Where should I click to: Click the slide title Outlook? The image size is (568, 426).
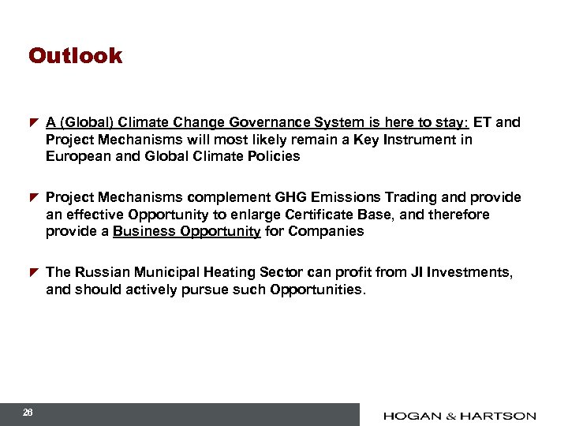tap(76, 56)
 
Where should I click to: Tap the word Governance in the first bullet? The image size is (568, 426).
tap(265, 122)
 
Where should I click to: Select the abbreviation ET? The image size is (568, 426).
tap(482, 122)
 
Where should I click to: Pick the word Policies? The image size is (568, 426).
tap(272, 156)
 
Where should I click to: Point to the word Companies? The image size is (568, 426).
tap(326, 231)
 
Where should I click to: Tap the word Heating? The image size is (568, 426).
tap(223, 272)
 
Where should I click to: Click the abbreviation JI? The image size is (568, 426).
tap(417, 272)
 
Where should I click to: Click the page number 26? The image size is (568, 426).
tap(28, 413)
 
